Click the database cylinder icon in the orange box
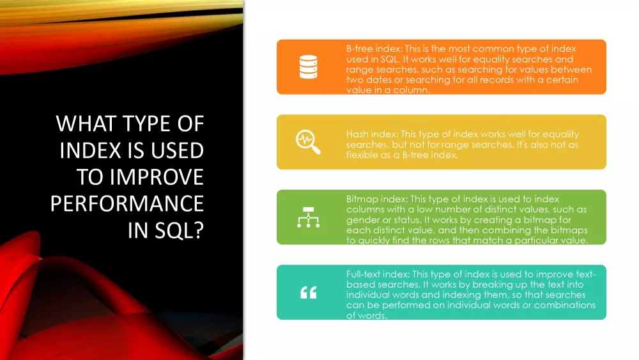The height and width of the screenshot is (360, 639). (x=308, y=67)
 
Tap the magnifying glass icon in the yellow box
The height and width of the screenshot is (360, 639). (x=308, y=142)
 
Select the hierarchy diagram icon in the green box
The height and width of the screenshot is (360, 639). (x=308, y=217)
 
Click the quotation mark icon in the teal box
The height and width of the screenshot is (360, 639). (x=308, y=292)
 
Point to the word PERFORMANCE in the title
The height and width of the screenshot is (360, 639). (x=127, y=203)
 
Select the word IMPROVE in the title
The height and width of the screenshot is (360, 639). (x=157, y=177)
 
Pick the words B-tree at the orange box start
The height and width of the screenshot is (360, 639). (x=360, y=49)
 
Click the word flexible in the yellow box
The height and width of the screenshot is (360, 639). (x=362, y=155)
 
